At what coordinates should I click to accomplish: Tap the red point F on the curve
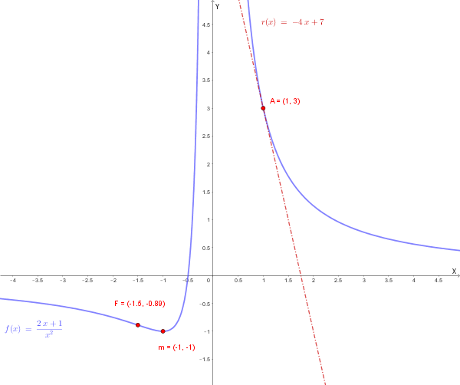point(138,324)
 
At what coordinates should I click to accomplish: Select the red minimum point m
point(163,331)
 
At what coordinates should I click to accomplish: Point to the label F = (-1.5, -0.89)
point(140,304)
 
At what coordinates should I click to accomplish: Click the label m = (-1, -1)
point(176,347)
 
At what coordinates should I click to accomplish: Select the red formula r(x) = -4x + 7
point(292,22)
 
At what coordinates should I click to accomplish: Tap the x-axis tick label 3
point(363,281)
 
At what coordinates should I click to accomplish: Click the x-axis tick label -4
point(12,281)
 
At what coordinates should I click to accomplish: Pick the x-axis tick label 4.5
point(439,281)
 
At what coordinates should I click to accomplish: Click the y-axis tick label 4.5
point(205,25)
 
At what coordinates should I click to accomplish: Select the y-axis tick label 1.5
point(205,192)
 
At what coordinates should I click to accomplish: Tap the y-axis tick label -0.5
point(204,304)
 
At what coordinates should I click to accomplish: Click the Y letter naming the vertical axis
point(217,6)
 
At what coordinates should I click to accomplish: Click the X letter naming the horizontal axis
point(454,271)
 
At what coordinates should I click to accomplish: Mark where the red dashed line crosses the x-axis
point(301,275)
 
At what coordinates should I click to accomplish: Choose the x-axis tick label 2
point(313,281)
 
